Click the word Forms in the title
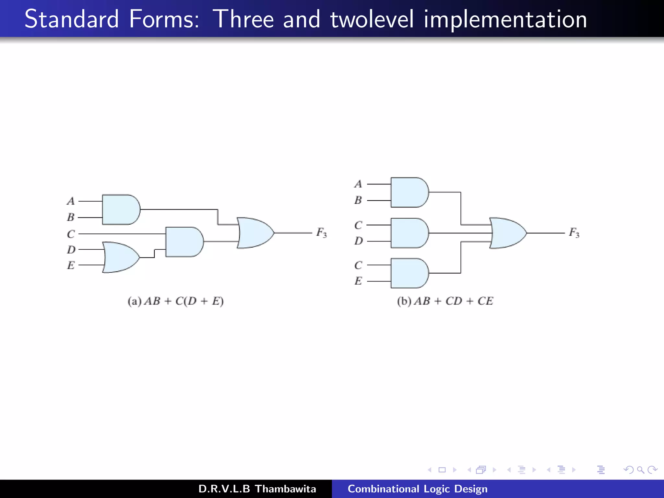164,19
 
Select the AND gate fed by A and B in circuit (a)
120,209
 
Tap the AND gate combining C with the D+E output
184,242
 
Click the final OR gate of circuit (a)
255,233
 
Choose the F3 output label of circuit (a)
321,232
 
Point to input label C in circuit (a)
71,234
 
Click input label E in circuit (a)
71,265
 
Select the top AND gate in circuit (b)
409,192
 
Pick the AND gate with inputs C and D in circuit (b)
409,233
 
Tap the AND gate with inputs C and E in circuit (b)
409,273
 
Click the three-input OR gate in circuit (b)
507,233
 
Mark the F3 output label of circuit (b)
574,232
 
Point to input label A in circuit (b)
358,184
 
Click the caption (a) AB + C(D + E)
175,301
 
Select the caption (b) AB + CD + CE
445,301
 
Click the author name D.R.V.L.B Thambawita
257,489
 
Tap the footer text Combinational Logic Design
417,489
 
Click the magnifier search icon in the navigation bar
640,470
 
